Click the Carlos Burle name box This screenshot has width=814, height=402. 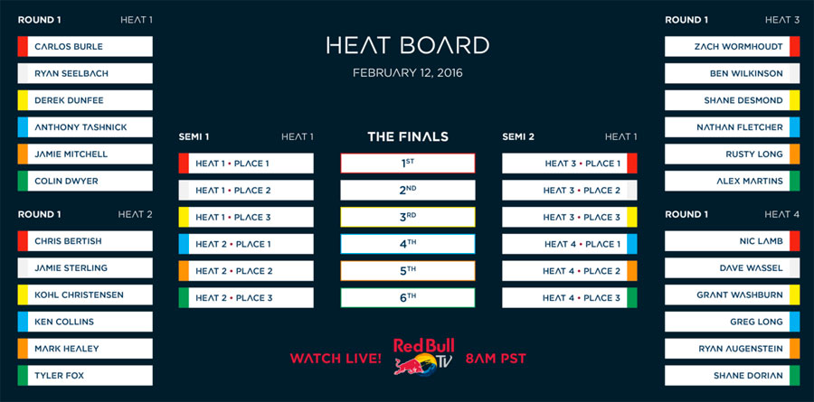85,46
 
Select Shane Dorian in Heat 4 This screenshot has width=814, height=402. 732,376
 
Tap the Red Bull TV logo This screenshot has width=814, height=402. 423,356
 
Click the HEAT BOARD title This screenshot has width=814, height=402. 408,45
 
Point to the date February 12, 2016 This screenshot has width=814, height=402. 408,73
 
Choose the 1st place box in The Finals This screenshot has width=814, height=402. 408,164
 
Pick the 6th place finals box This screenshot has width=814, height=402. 408,298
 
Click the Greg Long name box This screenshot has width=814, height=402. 732,322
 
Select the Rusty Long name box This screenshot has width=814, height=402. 732,154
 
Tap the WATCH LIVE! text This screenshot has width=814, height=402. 336,359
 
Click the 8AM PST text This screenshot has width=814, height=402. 496,359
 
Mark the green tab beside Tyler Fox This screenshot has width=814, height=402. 23,376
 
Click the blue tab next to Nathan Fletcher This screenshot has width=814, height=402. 795,127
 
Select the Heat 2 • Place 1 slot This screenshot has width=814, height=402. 246,244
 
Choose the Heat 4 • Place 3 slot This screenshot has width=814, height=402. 570,298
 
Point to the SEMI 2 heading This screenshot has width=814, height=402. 518,137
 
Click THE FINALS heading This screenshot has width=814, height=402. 408,137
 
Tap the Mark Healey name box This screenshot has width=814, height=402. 85,349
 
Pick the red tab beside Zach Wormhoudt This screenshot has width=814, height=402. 795,46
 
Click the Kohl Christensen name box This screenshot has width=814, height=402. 85,294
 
